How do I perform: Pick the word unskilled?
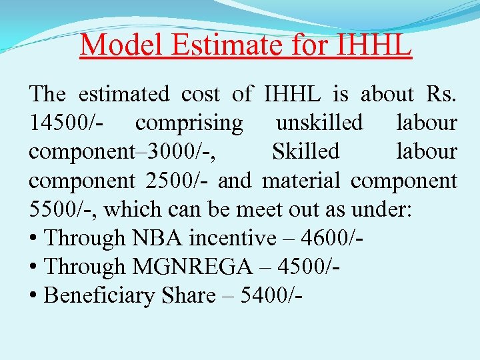click(319, 123)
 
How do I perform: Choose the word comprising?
click(189, 123)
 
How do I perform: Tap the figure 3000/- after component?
click(187, 152)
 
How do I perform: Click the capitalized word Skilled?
click(305, 152)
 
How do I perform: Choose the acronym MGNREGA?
click(193, 267)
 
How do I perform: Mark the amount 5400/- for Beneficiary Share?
click(271, 295)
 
